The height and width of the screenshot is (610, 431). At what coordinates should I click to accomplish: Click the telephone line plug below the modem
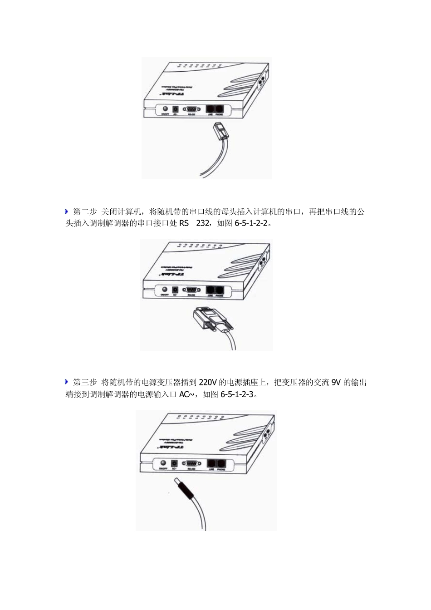220,130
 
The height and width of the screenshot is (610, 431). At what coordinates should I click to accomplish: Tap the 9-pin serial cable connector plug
210,317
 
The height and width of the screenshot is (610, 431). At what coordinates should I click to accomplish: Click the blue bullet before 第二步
67,212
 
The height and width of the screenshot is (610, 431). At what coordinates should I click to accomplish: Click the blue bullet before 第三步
67,382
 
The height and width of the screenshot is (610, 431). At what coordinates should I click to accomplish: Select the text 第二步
85,212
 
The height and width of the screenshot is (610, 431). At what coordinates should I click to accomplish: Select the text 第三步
85,383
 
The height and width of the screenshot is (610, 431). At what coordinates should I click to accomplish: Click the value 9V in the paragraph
336,383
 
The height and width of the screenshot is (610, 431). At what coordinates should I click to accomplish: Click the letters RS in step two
184,223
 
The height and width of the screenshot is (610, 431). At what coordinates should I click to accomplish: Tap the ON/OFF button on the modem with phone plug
165,109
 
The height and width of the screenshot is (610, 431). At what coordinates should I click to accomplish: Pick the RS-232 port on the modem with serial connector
191,290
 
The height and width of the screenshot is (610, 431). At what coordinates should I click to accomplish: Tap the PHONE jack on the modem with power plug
221,463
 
